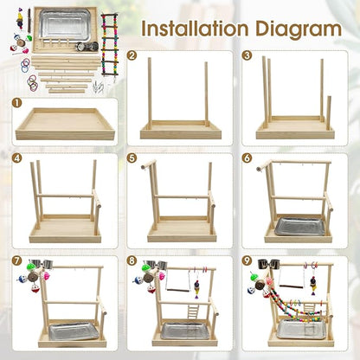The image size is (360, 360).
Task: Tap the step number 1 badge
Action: (17, 102)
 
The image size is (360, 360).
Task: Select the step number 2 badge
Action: (132, 55)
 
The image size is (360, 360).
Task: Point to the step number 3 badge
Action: (248, 55)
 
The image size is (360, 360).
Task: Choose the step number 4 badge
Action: (17, 158)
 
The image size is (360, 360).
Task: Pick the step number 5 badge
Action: (132, 158)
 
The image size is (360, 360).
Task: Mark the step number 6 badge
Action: (248, 158)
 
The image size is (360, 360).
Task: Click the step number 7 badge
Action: (17, 260)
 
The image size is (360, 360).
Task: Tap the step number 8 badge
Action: (132, 260)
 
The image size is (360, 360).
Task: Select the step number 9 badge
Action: (248, 260)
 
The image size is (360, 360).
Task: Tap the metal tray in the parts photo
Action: (65, 23)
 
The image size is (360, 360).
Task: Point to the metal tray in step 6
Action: (299, 227)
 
